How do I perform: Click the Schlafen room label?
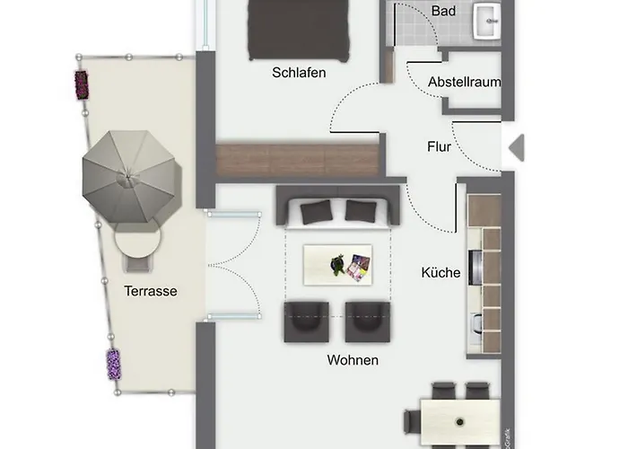pyautogui.click(x=299, y=73)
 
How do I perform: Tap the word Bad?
pyautogui.click(x=443, y=11)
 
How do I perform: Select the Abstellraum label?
pyautogui.click(x=464, y=83)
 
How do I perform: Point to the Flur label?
pyautogui.click(x=439, y=146)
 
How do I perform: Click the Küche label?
pyautogui.click(x=440, y=273)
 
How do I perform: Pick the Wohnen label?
pyautogui.click(x=353, y=360)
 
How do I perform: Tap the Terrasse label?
pyautogui.click(x=151, y=291)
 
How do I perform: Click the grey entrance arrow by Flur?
pyautogui.click(x=517, y=148)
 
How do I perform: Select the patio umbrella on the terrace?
pyautogui.click(x=129, y=176)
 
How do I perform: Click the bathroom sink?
pyautogui.click(x=486, y=22)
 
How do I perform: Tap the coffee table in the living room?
pyautogui.click(x=337, y=265)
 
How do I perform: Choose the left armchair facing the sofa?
pyautogui.click(x=307, y=322)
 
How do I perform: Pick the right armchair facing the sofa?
pyautogui.click(x=368, y=322)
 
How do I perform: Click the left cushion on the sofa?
pyautogui.click(x=317, y=212)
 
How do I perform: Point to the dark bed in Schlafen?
pyautogui.click(x=299, y=30)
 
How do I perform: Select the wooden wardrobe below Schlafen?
pyautogui.click(x=297, y=160)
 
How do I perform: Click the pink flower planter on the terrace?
pyautogui.click(x=82, y=85)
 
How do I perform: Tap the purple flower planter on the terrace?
pyautogui.click(x=114, y=365)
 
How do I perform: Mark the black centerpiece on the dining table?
pyautogui.click(x=459, y=422)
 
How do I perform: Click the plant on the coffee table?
pyautogui.click(x=337, y=265)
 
